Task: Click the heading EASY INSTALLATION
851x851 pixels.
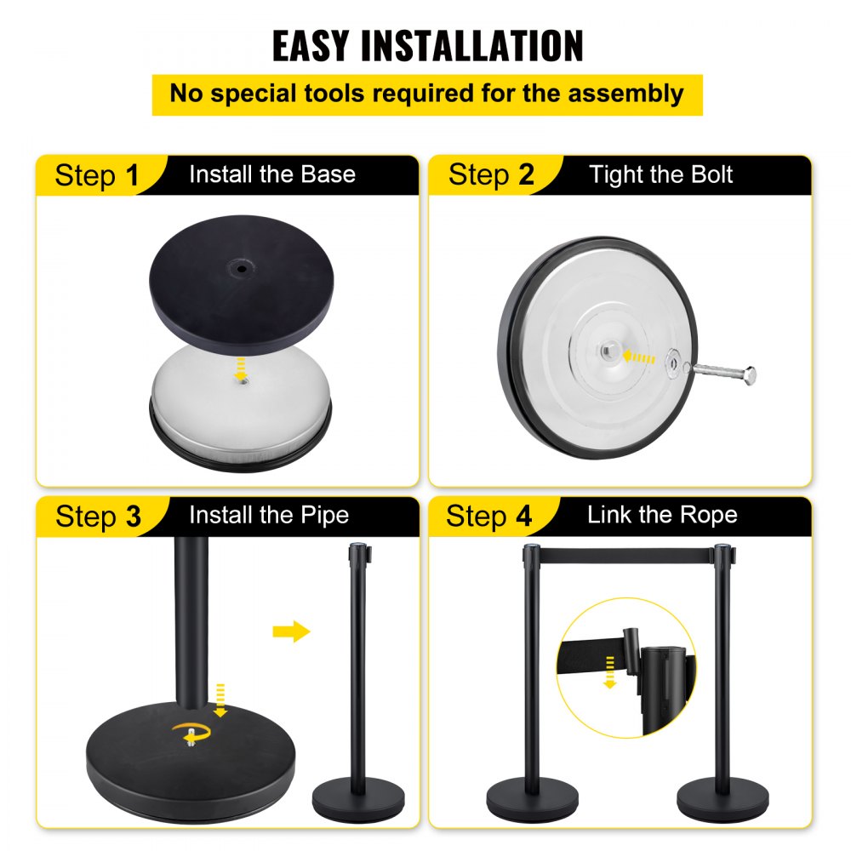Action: click(427, 45)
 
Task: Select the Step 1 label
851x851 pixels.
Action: click(95, 175)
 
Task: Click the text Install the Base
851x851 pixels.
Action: click(271, 174)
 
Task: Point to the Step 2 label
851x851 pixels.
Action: click(491, 175)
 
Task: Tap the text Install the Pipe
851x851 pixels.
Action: click(268, 516)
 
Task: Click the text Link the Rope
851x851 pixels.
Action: click(661, 515)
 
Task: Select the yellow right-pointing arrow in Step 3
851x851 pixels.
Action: click(291, 631)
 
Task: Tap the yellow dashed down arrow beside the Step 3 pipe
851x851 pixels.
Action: click(220, 697)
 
